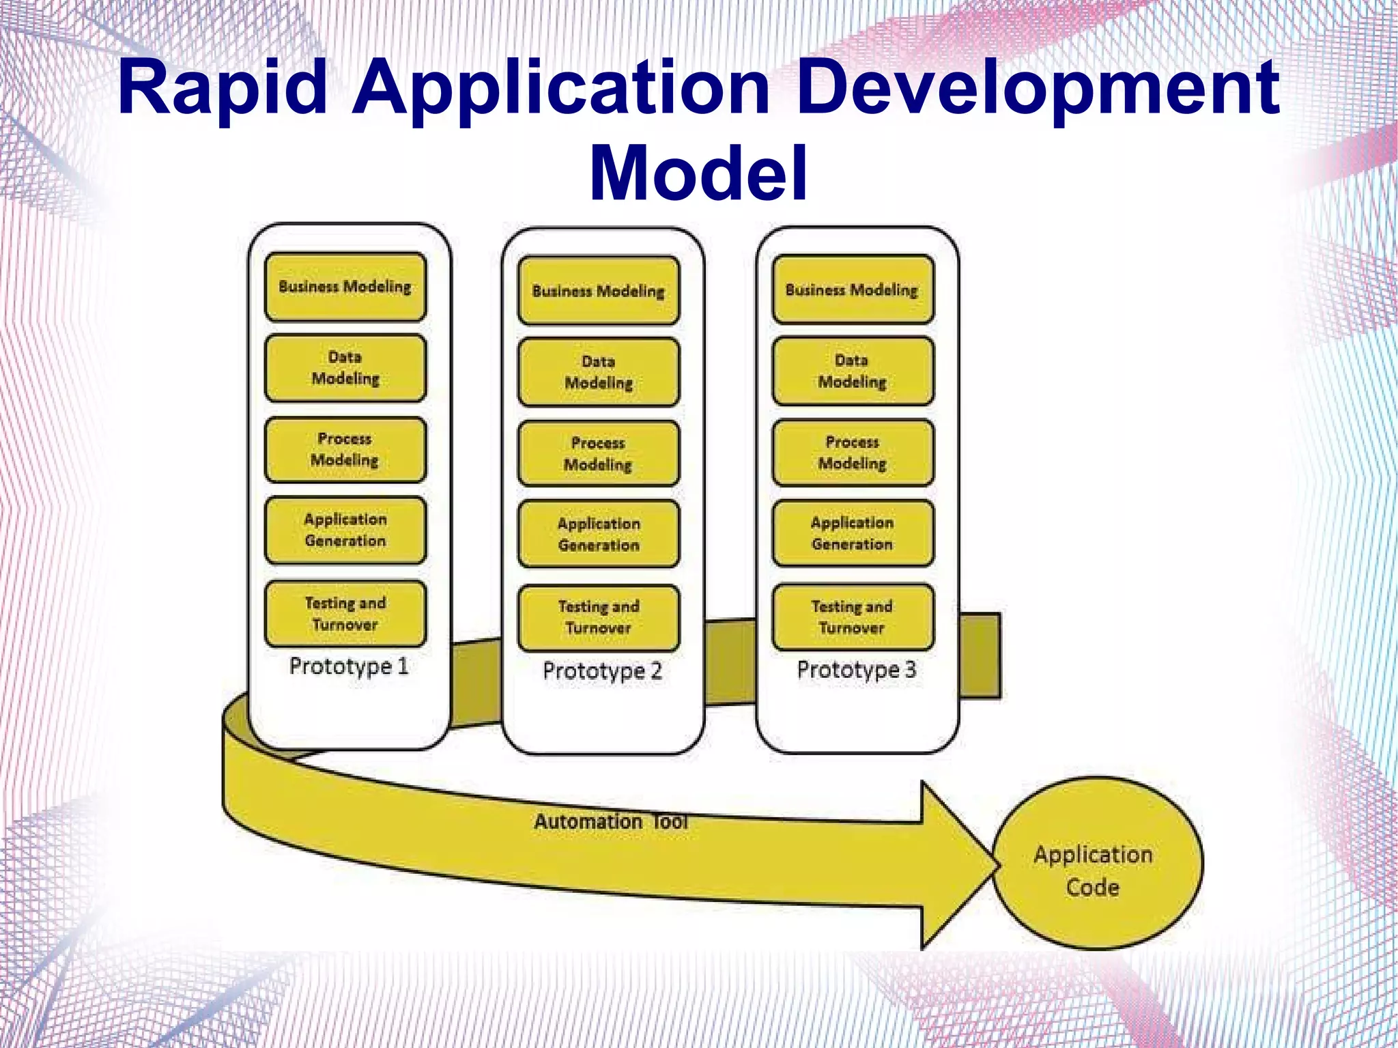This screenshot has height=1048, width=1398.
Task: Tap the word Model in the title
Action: (698, 173)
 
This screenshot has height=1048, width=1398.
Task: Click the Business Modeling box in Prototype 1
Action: (345, 287)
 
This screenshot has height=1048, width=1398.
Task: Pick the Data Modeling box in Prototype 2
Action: (599, 372)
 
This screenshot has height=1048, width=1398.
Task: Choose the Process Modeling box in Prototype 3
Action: (853, 453)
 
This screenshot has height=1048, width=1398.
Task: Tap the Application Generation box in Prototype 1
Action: (345, 530)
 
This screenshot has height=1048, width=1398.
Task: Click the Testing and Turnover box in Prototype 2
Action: (599, 617)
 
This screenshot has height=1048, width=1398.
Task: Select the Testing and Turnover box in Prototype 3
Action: (853, 617)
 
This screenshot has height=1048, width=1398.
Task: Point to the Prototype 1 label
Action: (349, 666)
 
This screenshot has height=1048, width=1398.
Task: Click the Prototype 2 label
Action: (602, 670)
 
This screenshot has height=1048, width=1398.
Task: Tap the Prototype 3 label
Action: (856, 669)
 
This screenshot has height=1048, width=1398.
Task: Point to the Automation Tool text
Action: (610, 821)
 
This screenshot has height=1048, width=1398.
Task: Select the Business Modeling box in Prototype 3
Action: (853, 289)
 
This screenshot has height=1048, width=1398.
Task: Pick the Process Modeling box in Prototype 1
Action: (345, 450)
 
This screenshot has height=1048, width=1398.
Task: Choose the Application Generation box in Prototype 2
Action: (599, 535)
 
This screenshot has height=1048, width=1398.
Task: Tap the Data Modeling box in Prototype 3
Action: (853, 371)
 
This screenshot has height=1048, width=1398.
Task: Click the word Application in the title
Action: (560, 89)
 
